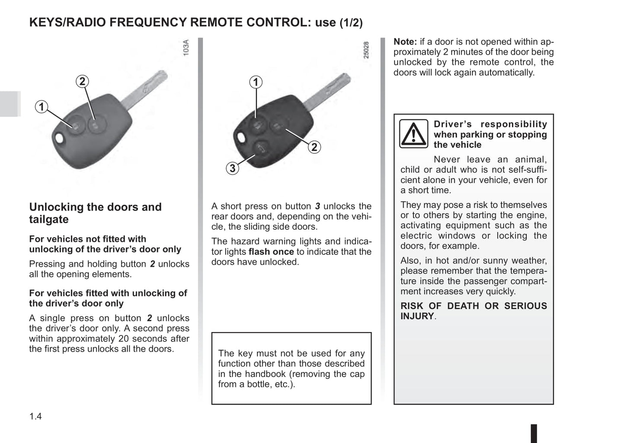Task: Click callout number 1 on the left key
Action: pos(42,107)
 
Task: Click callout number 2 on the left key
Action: pos(82,81)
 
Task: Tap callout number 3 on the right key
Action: pos(233,168)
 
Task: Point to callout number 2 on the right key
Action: pos(314,147)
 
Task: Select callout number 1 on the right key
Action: pos(256,82)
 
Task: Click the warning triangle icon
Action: pos(413,134)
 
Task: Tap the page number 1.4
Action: pos(35,417)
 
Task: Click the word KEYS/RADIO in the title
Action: pos(68,22)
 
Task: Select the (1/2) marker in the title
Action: pos(351,23)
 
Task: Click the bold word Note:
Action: pos(405,42)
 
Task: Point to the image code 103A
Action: pos(186,47)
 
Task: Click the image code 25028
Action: pos(366,50)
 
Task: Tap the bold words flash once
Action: pos(271,252)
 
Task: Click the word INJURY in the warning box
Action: pos(417,316)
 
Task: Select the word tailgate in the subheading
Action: pos(49,220)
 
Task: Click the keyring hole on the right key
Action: pos(240,138)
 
